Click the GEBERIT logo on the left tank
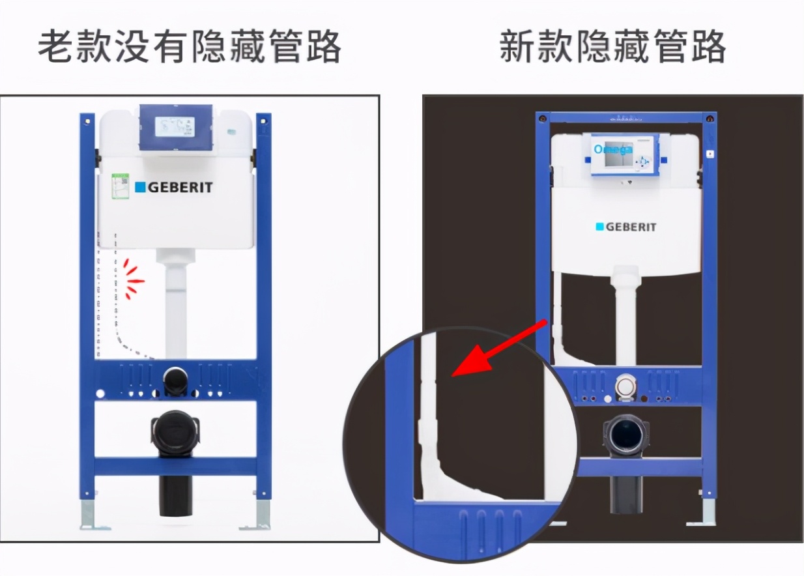(x=174, y=188)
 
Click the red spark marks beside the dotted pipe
(x=133, y=280)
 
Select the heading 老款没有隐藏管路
(x=190, y=48)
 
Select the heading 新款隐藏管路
(x=612, y=48)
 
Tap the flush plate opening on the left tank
(x=175, y=127)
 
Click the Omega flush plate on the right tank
(x=624, y=154)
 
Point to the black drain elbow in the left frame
(x=175, y=433)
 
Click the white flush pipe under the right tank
(x=625, y=319)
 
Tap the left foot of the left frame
(x=87, y=515)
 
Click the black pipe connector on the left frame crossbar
(x=175, y=381)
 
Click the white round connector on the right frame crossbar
(x=626, y=386)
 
